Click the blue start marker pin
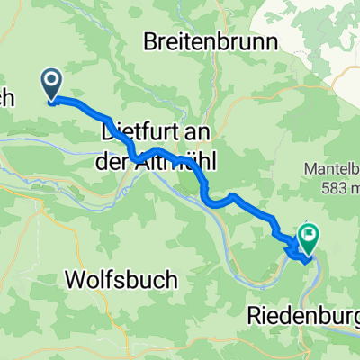(51, 85)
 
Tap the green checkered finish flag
(310, 237)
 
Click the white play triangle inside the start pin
(51, 83)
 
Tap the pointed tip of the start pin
(51, 100)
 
